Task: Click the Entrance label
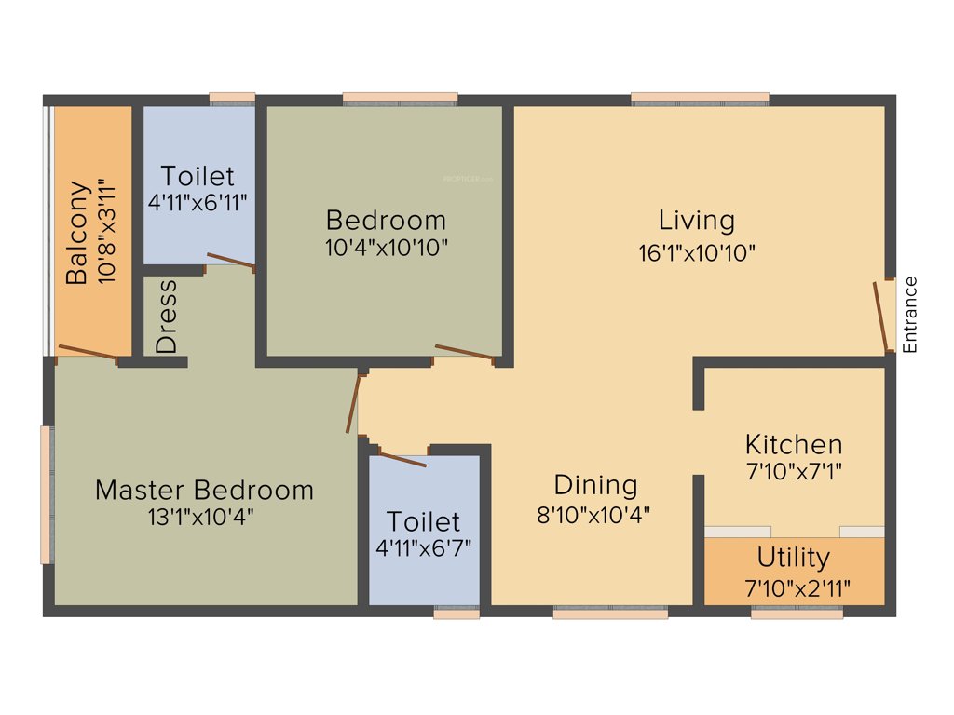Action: click(x=911, y=315)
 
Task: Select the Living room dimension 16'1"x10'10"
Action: click(x=696, y=252)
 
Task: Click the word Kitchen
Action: click(x=794, y=444)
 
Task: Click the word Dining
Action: click(x=595, y=485)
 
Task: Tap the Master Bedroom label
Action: click(x=204, y=490)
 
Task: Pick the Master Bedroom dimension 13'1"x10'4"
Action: click(x=200, y=518)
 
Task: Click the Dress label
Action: click(x=167, y=317)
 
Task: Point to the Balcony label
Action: click(x=77, y=233)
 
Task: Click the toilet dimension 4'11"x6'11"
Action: click(x=197, y=201)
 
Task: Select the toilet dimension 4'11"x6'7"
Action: click(x=424, y=547)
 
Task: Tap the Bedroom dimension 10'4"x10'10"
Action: click(x=386, y=248)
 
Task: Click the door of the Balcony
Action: click(x=88, y=351)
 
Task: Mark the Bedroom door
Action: click(x=463, y=351)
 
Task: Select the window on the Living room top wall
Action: click(x=700, y=98)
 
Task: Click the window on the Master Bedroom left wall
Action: click(x=45, y=494)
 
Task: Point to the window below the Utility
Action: click(x=797, y=614)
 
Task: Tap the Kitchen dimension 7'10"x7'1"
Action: click(x=794, y=472)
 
